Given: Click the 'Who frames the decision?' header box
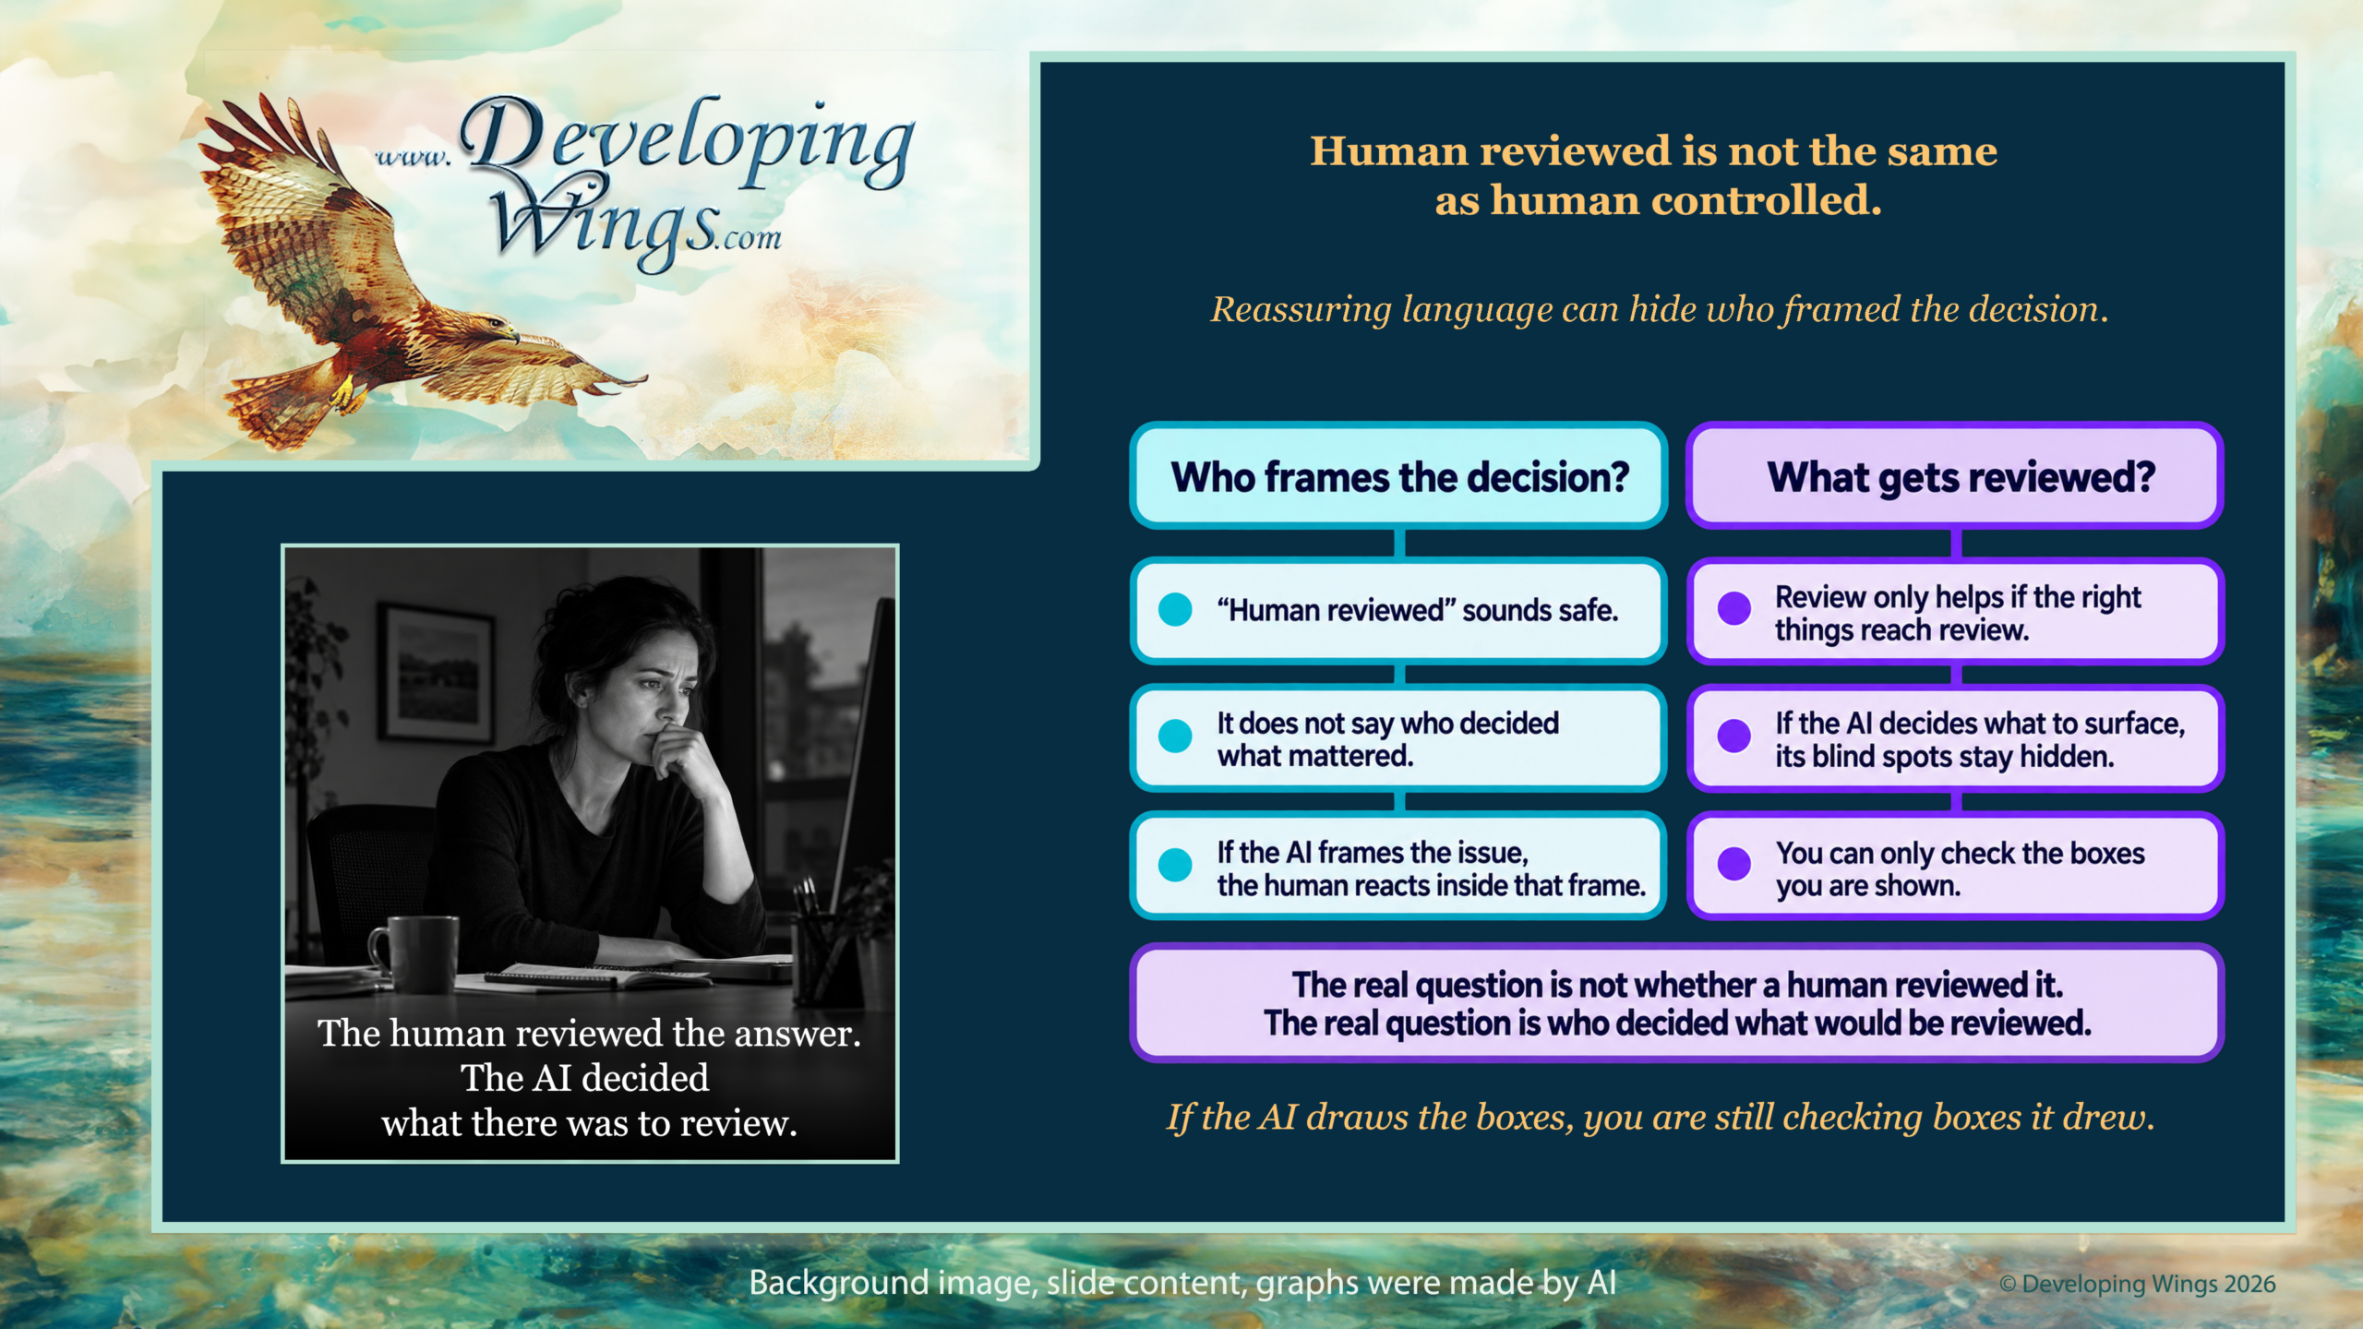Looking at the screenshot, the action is point(1398,476).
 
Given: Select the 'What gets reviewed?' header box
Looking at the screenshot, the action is point(1955,476).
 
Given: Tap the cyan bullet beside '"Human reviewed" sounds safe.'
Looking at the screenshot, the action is point(1175,609).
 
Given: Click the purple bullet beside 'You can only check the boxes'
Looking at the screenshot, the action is point(1734,864).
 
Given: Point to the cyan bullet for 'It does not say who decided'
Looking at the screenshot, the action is point(1175,736).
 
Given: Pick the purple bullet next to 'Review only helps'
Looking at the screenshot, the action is point(1734,608).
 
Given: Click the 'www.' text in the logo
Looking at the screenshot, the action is point(413,157).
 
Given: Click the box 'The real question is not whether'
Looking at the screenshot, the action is point(1676,1003).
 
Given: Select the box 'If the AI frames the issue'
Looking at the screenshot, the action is point(1398,866).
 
